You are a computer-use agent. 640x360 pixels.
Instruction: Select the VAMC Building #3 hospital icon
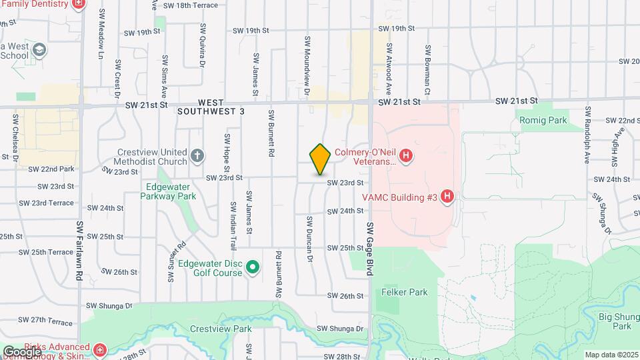pyautogui.click(x=447, y=197)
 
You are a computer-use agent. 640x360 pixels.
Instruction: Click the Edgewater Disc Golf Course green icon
pyautogui.click(x=253, y=268)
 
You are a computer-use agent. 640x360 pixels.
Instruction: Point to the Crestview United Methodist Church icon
pyautogui.click(x=197, y=156)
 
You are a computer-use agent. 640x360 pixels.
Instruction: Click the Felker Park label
pyautogui.click(x=404, y=292)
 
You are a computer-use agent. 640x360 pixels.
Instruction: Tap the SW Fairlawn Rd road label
pyautogui.click(x=79, y=251)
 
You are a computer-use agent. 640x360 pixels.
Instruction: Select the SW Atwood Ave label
pyautogui.click(x=388, y=69)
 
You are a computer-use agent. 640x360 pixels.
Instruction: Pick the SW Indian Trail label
pyautogui.click(x=233, y=223)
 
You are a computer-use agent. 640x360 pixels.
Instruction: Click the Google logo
pyautogui.click(x=22, y=351)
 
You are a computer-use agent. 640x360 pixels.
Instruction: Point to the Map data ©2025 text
pyautogui.click(x=611, y=355)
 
